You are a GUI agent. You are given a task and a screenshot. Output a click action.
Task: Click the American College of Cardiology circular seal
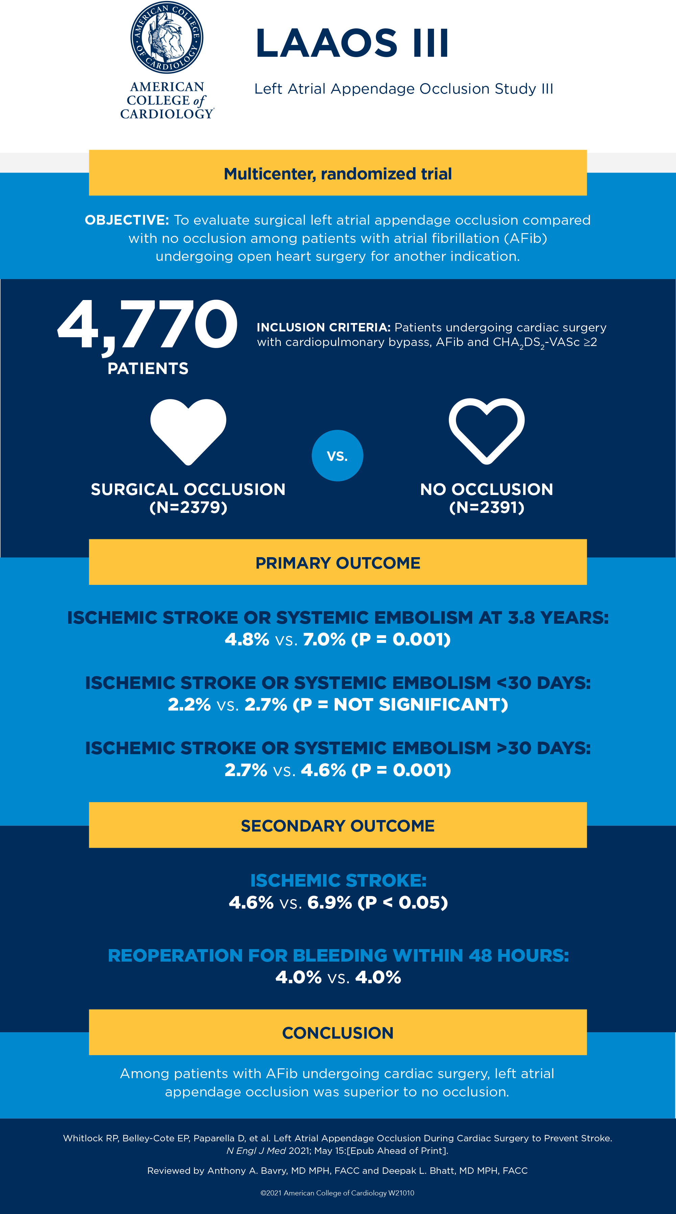(x=167, y=38)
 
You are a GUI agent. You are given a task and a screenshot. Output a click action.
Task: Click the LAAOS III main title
(x=352, y=43)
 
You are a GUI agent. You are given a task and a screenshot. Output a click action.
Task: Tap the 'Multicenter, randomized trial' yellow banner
(x=338, y=173)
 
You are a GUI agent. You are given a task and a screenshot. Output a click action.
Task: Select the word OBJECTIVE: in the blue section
(x=127, y=220)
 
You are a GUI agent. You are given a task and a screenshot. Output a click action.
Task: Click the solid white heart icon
(x=188, y=430)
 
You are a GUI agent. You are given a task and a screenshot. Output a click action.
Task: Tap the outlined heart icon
(x=486, y=430)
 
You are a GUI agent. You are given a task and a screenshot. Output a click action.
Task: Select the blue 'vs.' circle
(x=338, y=456)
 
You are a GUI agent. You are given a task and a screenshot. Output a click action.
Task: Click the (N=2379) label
(x=188, y=507)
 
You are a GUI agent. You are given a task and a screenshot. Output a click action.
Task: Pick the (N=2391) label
(x=486, y=507)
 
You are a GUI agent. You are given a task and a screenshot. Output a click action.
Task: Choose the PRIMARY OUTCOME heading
(x=338, y=563)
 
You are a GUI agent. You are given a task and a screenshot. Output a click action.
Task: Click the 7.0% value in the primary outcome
(x=324, y=640)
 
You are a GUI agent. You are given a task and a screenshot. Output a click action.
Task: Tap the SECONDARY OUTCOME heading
(x=338, y=826)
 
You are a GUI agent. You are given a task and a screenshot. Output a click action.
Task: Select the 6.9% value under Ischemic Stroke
(x=330, y=902)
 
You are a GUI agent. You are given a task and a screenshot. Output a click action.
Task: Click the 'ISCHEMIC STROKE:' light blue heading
(x=338, y=880)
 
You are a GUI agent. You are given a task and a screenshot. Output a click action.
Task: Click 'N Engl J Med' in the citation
(x=256, y=1151)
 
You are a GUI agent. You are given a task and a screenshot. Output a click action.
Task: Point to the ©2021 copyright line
(x=338, y=1193)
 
